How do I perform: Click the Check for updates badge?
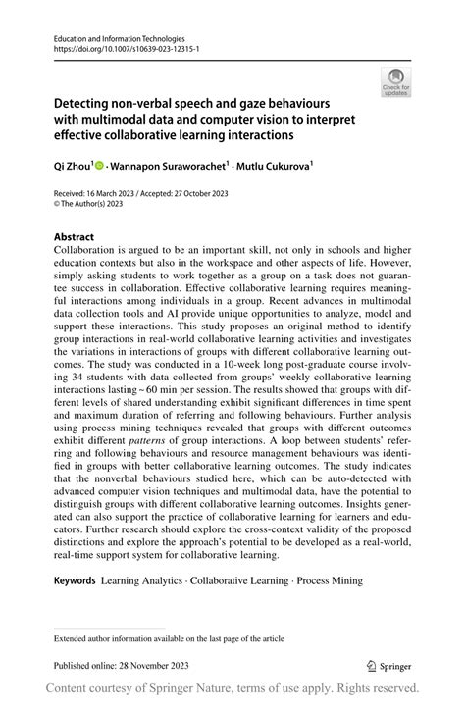[x=396, y=81]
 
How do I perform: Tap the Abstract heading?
[x=75, y=237]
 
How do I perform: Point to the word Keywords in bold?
[x=75, y=580]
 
